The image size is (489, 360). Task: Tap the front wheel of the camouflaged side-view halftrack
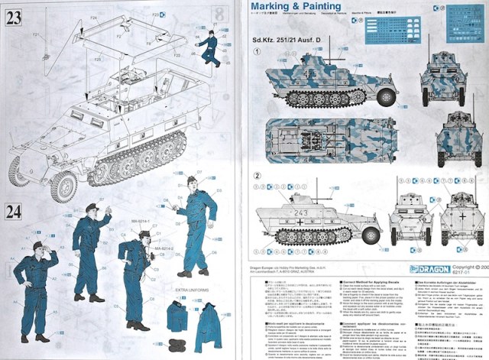point(385,97)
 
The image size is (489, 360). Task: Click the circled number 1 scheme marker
point(259,53)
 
